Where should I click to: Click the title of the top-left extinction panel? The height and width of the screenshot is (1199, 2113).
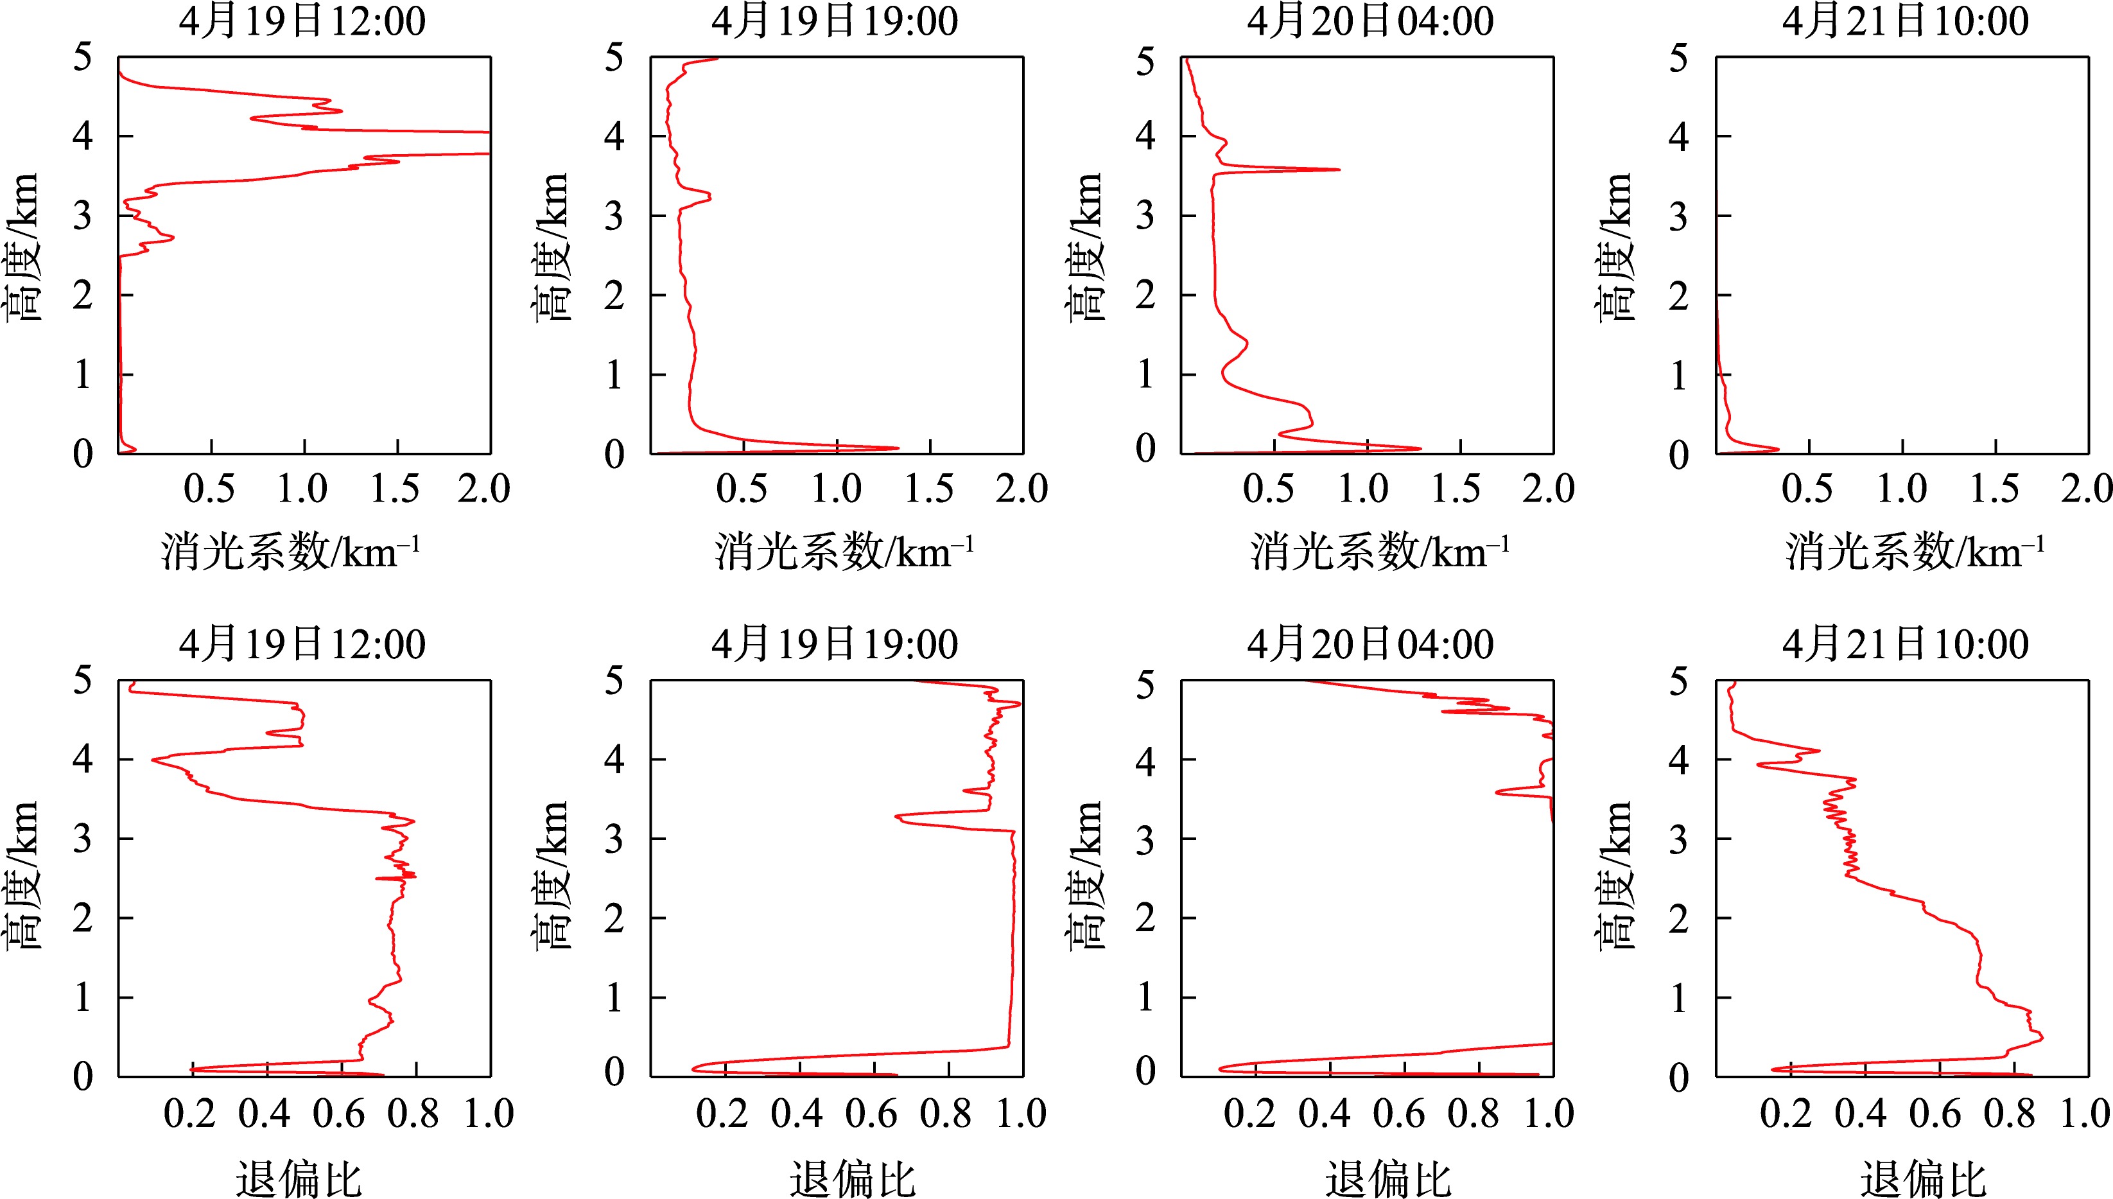click(302, 21)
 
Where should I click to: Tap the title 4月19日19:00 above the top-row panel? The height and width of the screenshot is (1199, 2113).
click(835, 21)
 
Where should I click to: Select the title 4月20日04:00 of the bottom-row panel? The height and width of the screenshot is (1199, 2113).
click(1370, 644)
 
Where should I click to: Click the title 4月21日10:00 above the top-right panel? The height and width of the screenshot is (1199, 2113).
click(1905, 21)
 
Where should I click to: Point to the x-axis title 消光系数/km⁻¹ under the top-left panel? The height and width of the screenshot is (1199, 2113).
click(290, 551)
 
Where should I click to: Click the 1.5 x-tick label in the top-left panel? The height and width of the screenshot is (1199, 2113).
click(395, 489)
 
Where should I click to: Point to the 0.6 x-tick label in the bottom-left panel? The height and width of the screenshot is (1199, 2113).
click(338, 1114)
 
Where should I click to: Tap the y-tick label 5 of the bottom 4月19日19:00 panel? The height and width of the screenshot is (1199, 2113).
click(614, 681)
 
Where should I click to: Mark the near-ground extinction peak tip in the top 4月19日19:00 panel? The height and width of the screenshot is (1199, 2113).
click(897, 448)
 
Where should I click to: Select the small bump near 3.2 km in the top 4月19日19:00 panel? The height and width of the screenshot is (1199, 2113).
click(709, 196)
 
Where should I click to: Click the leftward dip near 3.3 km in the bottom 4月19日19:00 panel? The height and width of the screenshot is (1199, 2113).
click(897, 817)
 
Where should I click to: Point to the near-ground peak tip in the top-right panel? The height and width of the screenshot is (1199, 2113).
click(1778, 449)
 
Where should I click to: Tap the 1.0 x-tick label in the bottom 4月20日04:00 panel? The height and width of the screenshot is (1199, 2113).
click(1549, 1114)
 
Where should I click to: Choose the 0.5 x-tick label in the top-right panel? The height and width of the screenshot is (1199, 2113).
click(1807, 489)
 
